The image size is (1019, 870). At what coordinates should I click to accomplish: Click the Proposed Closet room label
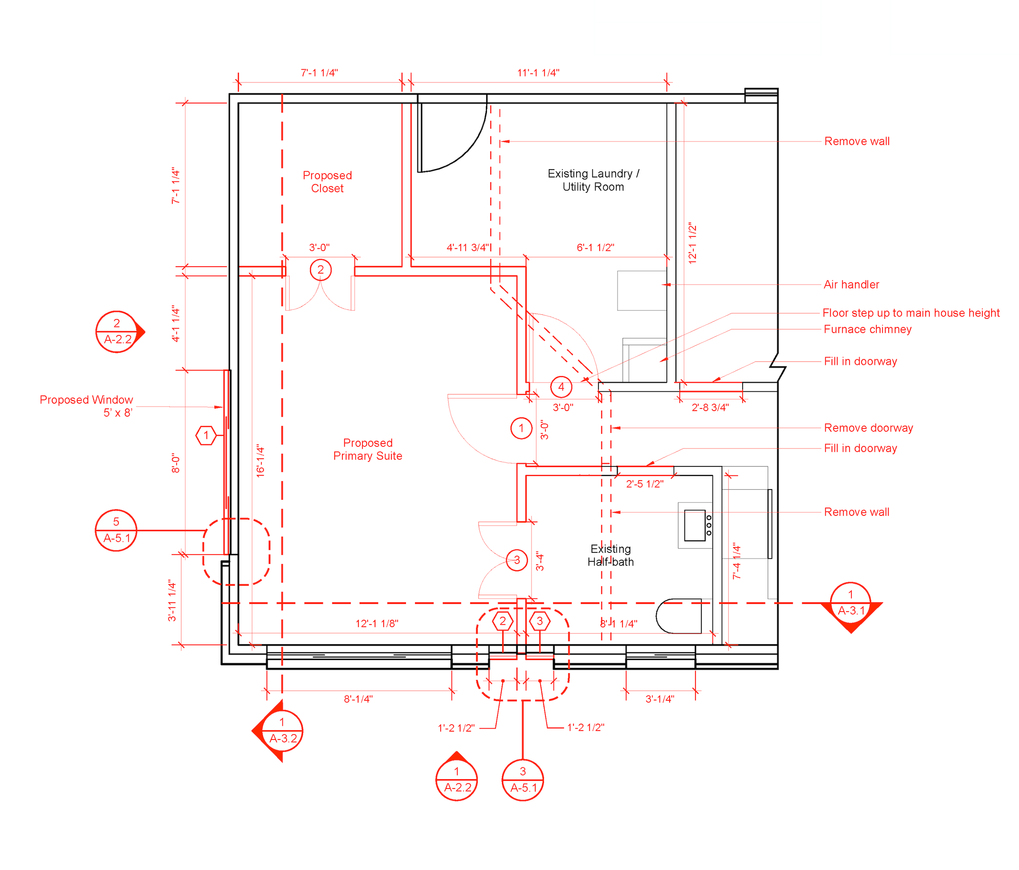(x=327, y=182)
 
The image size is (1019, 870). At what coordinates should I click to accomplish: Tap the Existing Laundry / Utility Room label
(x=593, y=180)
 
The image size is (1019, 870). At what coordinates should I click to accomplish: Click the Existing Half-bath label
(x=610, y=555)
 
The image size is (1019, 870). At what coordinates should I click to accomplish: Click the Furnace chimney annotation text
(x=867, y=329)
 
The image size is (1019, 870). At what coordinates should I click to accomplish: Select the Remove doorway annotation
(x=868, y=428)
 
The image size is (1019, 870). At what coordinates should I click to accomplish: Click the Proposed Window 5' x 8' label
(x=86, y=406)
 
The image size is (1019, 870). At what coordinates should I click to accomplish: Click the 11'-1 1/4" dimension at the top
(x=538, y=73)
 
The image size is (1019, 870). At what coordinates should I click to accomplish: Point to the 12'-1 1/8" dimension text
(x=377, y=624)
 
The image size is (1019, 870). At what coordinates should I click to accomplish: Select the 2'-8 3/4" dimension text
(x=710, y=407)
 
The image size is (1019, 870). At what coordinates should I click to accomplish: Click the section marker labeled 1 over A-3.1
(x=850, y=603)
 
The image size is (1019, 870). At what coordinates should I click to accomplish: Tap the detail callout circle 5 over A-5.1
(x=116, y=530)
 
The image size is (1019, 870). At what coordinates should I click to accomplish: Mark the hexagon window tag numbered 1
(x=206, y=435)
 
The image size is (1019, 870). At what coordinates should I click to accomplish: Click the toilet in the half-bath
(x=679, y=616)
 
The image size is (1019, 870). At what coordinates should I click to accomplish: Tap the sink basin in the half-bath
(x=695, y=525)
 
